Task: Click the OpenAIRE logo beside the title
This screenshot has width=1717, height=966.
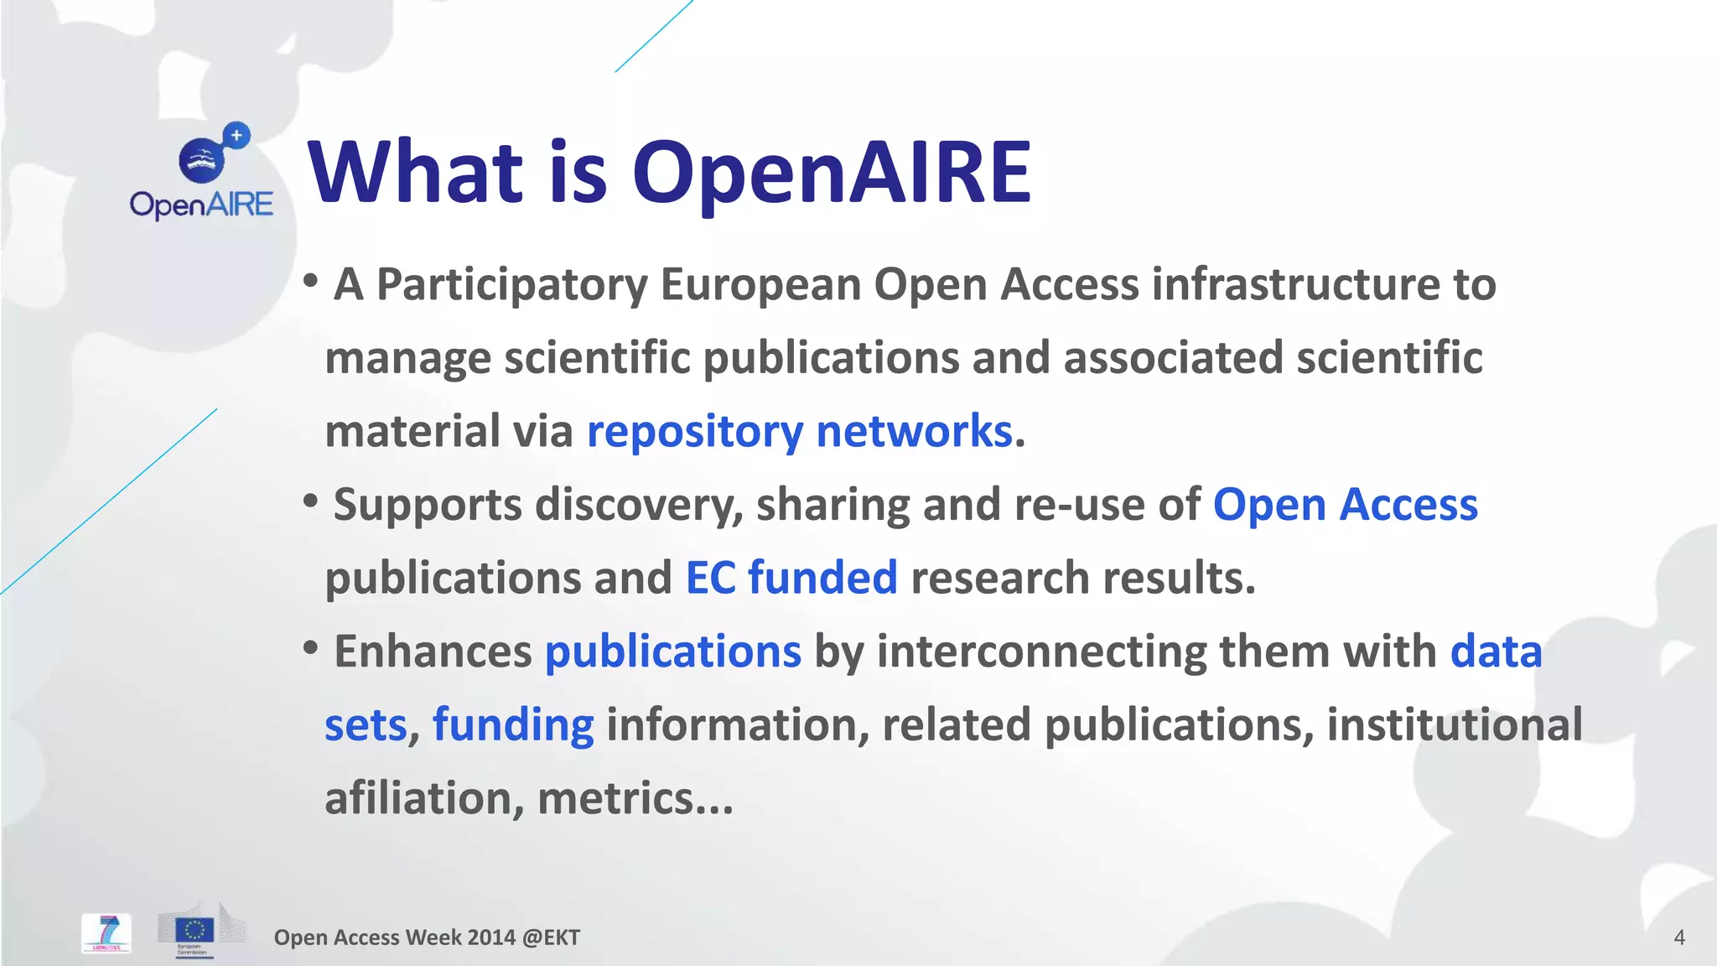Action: click(202, 172)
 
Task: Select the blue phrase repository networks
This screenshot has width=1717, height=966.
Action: click(800, 431)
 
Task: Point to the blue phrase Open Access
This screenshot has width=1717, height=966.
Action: click(1345, 505)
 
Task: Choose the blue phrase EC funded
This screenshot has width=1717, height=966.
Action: click(791, 578)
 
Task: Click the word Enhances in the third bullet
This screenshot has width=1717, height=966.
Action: click(433, 652)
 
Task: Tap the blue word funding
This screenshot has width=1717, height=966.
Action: click(513, 724)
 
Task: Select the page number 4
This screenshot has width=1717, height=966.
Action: click(1678, 937)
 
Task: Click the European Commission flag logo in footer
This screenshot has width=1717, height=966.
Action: click(195, 931)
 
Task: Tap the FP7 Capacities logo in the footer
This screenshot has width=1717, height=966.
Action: click(106, 933)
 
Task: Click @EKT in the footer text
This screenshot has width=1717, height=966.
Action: click(551, 937)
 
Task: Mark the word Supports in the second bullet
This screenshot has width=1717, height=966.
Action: click(428, 505)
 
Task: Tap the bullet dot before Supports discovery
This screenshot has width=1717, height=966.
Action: click(310, 501)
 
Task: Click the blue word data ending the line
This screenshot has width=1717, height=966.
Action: click(1496, 652)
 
